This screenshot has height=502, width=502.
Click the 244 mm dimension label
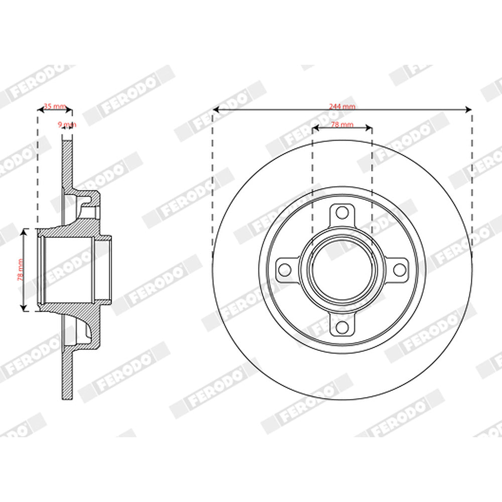point(342,106)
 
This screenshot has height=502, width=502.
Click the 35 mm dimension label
point(55,106)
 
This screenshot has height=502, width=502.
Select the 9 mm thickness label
point(67,124)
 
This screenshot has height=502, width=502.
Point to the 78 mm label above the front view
point(342,124)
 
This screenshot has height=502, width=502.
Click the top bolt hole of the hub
point(342,212)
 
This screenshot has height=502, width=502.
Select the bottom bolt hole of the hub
point(342,327)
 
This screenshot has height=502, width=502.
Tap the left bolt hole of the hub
point(285,270)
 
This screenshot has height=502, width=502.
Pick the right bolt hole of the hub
point(400,270)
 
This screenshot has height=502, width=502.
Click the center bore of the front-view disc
point(342,270)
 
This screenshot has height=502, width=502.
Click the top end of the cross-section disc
point(67,143)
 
